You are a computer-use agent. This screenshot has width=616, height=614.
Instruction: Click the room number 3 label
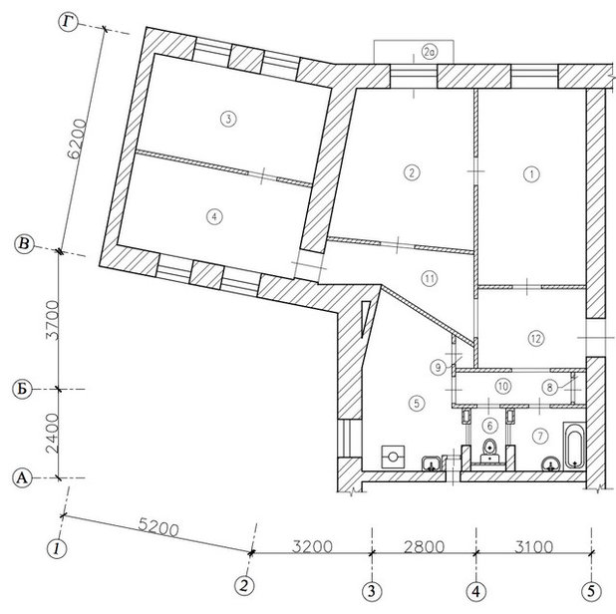click(228, 119)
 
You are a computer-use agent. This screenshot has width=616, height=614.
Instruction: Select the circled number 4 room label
click(214, 216)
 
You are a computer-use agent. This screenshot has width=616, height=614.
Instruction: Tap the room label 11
click(429, 279)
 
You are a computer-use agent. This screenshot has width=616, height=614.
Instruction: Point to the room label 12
click(536, 338)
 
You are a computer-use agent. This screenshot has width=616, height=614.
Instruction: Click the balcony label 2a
click(430, 52)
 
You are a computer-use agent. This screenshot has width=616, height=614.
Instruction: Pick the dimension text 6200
click(77, 139)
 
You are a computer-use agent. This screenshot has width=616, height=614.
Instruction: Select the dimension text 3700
click(52, 321)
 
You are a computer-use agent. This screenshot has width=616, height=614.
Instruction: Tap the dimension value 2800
click(424, 546)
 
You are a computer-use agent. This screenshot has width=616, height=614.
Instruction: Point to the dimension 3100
click(534, 546)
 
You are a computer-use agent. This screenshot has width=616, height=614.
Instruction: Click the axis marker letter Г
click(69, 22)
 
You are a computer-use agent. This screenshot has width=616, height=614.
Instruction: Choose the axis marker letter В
click(24, 244)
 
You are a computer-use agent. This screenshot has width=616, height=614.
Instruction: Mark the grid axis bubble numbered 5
click(591, 591)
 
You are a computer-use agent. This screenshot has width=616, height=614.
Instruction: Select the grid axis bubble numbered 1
click(57, 548)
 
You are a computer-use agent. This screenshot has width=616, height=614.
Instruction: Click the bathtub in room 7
click(574, 446)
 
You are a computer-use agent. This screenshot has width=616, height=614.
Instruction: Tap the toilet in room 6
click(489, 451)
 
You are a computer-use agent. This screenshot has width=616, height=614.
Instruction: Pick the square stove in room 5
click(393, 457)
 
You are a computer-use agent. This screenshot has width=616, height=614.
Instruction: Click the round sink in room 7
click(551, 463)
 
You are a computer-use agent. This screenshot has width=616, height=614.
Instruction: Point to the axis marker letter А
click(22, 478)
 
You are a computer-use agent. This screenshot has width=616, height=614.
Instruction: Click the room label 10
click(502, 386)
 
